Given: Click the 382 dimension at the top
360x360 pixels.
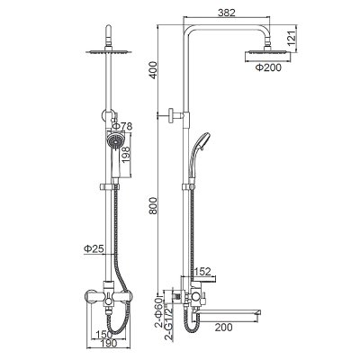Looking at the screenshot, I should click(x=238, y=13).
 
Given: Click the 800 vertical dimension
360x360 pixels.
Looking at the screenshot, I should click(x=155, y=208).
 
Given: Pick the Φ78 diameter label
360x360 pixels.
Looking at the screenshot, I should click(x=125, y=125).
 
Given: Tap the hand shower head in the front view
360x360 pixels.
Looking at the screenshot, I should click(x=112, y=142).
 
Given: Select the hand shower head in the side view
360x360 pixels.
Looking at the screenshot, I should click(x=199, y=143).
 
